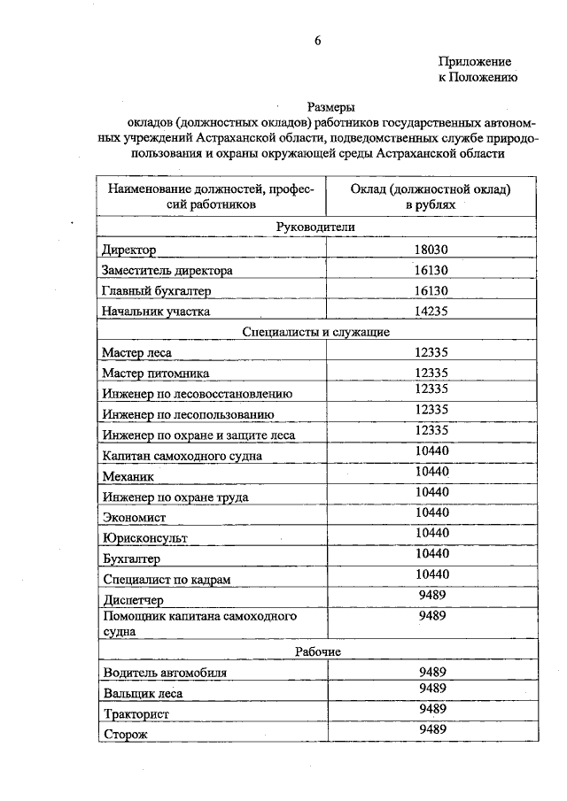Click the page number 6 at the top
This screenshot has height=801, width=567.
pyautogui.click(x=318, y=41)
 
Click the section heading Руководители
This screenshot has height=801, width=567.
pyautogui.click(x=315, y=227)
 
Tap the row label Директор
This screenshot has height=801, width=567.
pyautogui.click(x=129, y=251)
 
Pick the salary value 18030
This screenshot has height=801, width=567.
pyautogui.click(x=431, y=250)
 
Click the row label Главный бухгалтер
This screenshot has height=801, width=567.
pyautogui.click(x=156, y=291)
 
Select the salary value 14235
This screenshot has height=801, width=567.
pyautogui.click(x=431, y=311)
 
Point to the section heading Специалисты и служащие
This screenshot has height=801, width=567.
pyautogui.click(x=315, y=332)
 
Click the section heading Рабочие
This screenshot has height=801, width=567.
pyautogui.click(x=317, y=651)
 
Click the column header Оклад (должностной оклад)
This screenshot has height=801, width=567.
pyautogui.click(x=431, y=189)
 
